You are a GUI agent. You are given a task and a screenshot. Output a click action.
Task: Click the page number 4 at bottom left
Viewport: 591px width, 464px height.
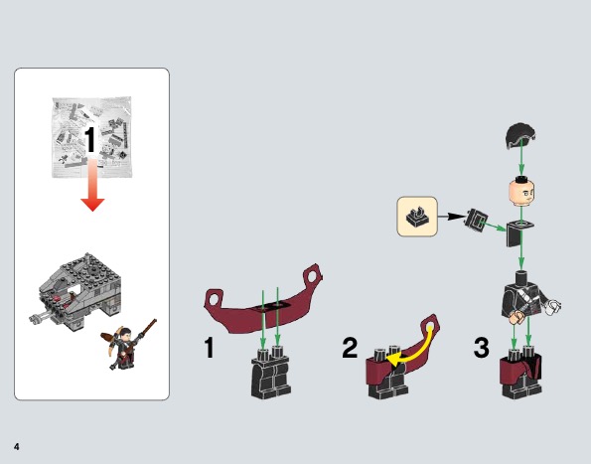[x=17, y=442]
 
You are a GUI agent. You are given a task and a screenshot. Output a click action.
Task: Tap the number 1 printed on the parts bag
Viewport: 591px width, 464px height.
[x=89, y=141]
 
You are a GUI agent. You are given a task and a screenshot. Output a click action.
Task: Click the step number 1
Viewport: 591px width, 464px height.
[x=209, y=349]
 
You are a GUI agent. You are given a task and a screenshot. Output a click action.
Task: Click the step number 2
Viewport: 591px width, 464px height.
[x=350, y=349]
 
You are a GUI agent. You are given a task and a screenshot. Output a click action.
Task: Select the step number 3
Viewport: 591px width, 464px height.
[x=482, y=349]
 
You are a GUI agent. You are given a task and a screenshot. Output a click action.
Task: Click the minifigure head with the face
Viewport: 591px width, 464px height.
[x=519, y=190]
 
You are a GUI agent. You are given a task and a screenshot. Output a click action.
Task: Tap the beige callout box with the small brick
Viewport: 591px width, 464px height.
[x=418, y=217]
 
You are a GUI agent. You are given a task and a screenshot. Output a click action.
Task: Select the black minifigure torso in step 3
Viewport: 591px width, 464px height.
[x=519, y=296]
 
